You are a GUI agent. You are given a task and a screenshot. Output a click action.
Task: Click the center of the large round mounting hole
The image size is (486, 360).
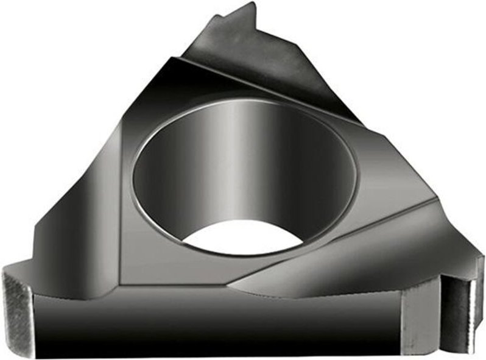tap(244, 177)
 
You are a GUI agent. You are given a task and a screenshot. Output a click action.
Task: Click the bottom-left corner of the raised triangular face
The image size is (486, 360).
tap(122, 283)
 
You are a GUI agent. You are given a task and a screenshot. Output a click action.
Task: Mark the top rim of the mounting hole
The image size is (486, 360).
tap(244, 102)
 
